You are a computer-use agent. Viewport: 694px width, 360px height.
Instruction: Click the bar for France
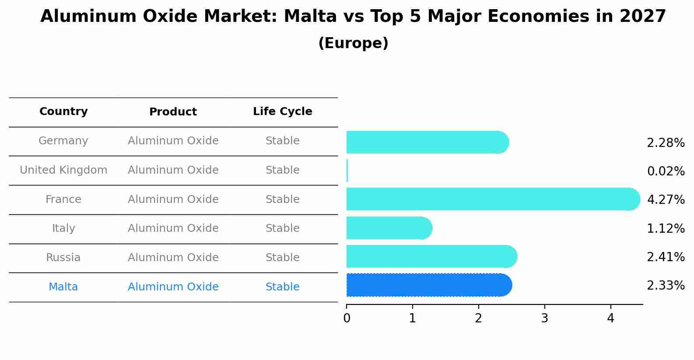point(493,199)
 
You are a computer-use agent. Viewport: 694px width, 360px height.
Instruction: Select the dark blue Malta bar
point(429,285)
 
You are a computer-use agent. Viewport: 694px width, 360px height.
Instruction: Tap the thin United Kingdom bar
point(347,171)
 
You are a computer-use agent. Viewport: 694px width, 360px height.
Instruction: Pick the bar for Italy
point(389,228)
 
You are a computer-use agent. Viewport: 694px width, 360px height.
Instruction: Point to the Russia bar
point(432,256)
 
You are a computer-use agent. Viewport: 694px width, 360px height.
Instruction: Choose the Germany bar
point(428,142)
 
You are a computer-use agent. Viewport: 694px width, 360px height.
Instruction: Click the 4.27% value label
point(666,199)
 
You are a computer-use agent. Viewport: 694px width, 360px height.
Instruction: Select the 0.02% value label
point(666,171)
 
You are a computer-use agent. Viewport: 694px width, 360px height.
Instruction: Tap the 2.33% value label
point(666,285)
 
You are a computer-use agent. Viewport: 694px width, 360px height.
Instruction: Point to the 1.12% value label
point(666,228)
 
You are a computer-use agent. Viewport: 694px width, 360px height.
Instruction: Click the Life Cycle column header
point(283,111)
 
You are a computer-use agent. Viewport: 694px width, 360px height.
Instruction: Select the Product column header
point(173,112)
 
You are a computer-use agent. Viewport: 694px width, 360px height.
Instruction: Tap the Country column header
point(63,111)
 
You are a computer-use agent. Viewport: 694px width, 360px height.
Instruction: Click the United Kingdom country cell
point(63,170)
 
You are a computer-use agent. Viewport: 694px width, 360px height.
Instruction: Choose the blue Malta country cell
point(63,287)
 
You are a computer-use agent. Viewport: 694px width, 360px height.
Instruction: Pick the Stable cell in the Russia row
point(283,257)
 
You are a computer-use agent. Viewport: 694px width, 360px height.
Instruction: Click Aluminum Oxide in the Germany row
point(173,141)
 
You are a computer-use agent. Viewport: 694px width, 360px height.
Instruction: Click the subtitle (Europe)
point(353,43)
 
